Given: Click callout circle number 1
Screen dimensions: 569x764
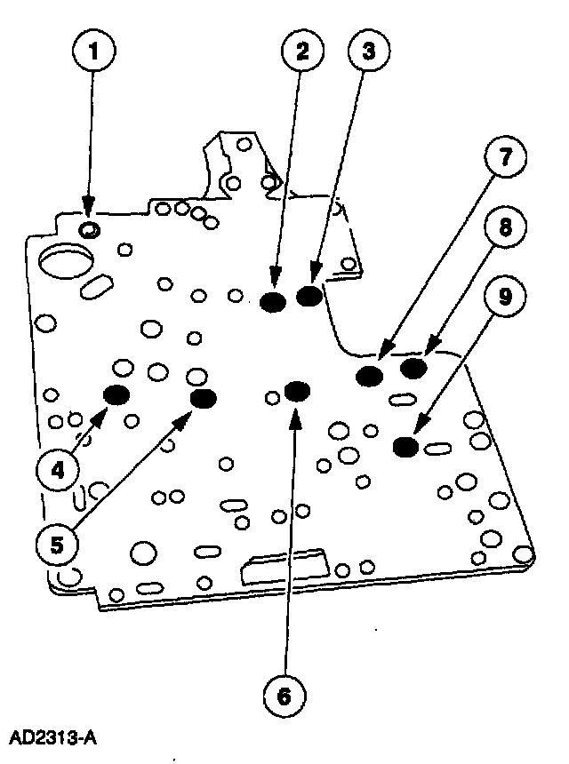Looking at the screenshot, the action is pos(94,50).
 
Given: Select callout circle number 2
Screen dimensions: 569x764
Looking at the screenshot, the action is pos(302,50).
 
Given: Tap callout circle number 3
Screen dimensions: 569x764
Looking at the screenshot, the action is pos(369,50).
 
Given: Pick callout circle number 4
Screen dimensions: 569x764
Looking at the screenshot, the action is pos(58,471).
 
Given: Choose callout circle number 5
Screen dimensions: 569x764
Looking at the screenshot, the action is pos(58,545).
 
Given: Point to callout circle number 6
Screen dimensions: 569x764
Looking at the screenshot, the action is pos(284,696).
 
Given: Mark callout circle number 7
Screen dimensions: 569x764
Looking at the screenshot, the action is pos(506,157).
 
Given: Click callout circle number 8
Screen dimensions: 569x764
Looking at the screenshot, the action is pos(506,227).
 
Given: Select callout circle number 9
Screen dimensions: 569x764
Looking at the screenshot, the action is pos(506,295).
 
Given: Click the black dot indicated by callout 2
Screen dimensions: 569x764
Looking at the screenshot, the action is pos(273,302).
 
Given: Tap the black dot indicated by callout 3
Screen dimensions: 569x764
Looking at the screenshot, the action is pos(309,296).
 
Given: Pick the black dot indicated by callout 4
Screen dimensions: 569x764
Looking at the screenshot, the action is pos(116,394).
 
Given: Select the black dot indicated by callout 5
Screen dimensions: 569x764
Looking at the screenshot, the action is pos(204,399).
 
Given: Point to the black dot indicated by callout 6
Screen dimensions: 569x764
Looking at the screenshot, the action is pos(297,391).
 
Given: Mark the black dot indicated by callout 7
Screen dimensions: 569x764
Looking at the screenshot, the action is pos(370,376).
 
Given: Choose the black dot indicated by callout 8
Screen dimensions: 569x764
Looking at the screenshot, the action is pos(413,368).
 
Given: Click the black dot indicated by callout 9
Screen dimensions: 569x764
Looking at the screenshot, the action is pos(405,447).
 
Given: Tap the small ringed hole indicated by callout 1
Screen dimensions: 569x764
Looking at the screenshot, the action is pos(90,228).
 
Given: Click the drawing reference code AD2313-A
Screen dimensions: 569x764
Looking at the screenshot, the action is pos(52,738).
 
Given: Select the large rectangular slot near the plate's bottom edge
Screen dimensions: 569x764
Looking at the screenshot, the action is pos(284,567).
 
